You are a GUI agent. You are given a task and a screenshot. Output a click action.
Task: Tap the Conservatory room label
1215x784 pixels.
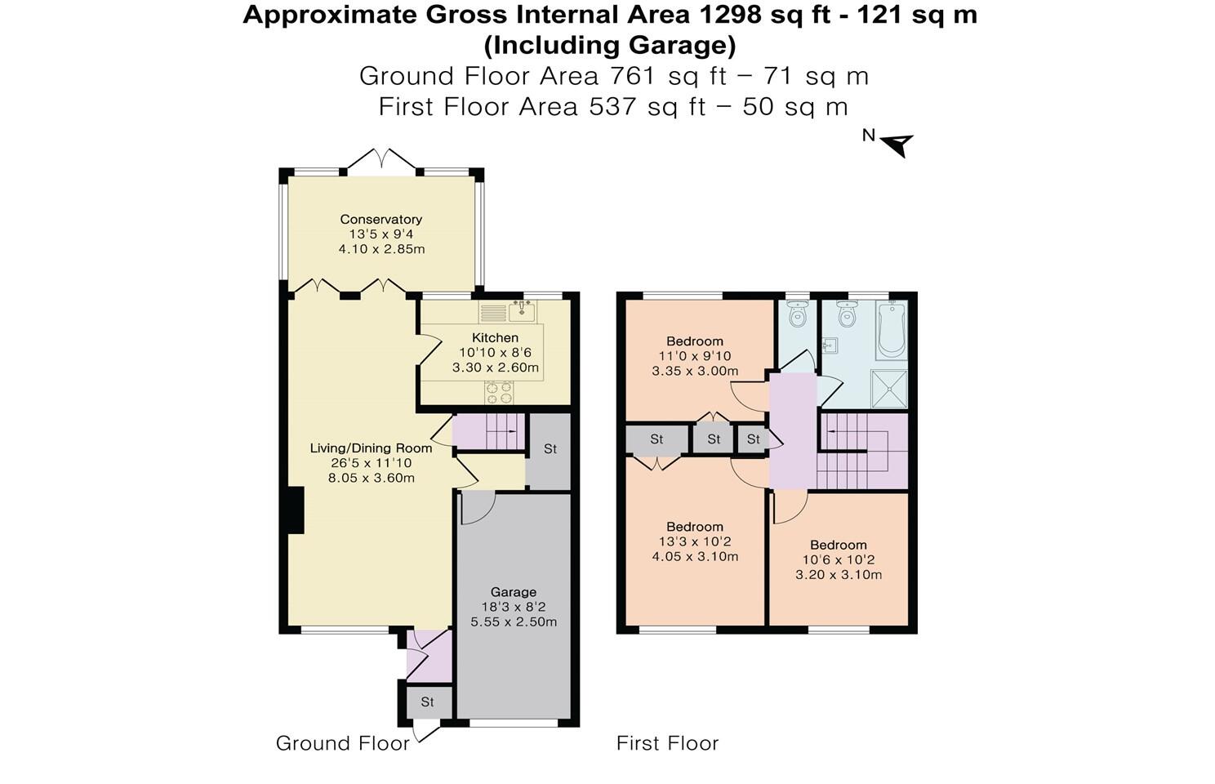(381, 219)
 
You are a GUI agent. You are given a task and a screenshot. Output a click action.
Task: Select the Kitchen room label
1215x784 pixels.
(495, 337)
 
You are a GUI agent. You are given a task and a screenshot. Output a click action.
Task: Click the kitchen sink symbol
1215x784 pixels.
(521, 311)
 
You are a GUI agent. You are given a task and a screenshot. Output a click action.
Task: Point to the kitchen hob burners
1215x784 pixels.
(499, 393)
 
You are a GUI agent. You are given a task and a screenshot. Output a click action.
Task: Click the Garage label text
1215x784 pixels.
(514, 592)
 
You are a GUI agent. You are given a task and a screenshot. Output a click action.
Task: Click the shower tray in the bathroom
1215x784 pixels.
(889, 388)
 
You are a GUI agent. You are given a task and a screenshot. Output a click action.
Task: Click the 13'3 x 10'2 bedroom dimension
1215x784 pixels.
(695, 541)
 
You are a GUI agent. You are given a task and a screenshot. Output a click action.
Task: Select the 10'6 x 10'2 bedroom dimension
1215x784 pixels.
(839, 559)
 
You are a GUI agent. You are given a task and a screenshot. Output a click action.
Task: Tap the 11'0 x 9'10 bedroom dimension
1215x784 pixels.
(695, 356)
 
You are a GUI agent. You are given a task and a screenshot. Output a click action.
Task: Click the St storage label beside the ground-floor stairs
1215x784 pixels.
(550, 448)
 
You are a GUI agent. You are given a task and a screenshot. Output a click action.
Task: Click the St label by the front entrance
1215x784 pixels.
(427, 702)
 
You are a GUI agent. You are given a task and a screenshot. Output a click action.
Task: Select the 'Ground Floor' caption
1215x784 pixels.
(342, 743)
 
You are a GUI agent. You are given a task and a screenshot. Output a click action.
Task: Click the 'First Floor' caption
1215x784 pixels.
(667, 743)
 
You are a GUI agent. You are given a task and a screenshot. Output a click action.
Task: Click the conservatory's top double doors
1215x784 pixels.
(382, 159)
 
